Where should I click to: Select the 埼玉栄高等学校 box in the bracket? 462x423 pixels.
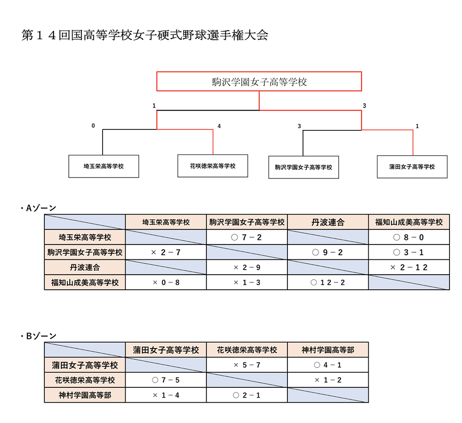pos(103,166)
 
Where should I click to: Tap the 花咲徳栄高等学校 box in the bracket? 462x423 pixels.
pos(213,166)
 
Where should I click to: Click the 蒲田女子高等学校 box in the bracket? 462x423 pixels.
pos(412,167)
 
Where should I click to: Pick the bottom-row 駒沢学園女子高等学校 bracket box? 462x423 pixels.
pos(304,167)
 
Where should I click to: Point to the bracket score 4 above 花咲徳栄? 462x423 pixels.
pos(219,126)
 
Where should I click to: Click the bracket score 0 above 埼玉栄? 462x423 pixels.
pos(93,126)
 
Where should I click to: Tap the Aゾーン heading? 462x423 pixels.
pos(39,208)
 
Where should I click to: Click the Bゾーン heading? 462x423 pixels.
pos(39,336)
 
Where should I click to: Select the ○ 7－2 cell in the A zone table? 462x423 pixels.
pos(247,237)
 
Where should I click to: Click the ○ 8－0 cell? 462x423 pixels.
pos(409,237)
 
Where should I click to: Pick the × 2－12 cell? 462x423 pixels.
pos(409,267)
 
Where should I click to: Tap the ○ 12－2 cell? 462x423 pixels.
pos(328,282)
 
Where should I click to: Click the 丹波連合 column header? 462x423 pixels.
pos(328,222)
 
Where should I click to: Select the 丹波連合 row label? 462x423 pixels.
pos(85,267)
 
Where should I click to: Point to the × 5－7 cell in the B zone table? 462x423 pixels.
pos(247,365)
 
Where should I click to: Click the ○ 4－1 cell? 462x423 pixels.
pos(328,365)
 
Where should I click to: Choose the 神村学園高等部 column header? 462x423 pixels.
pos(328,350)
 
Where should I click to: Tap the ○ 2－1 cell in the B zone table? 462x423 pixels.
pos(247,395)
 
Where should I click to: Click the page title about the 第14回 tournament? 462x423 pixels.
pos(145,35)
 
